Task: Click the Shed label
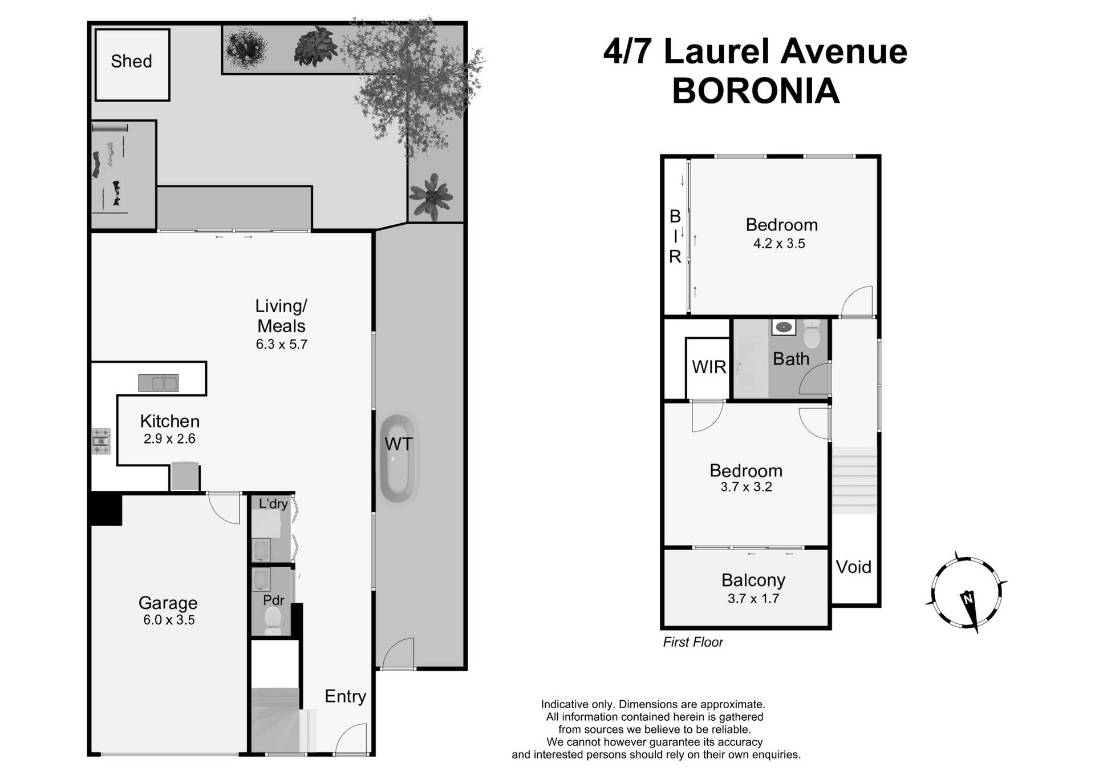tap(131, 61)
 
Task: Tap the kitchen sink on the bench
tap(159, 382)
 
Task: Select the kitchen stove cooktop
tap(101, 441)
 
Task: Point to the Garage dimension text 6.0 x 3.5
tap(169, 620)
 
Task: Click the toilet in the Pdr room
tap(273, 620)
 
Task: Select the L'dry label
tap(273, 503)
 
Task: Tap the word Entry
tap(345, 696)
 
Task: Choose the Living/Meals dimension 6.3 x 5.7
tap(281, 344)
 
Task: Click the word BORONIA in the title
tap(756, 90)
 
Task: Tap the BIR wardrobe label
tap(675, 236)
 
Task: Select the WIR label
tap(709, 367)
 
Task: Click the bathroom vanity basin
tap(784, 327)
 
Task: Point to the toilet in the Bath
tap(811, 334)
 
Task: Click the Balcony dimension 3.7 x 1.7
tap(753, 599)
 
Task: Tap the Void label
tap(853, 567)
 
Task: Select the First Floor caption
tap(692, 642)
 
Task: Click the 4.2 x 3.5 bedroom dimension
tap(779, 244)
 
